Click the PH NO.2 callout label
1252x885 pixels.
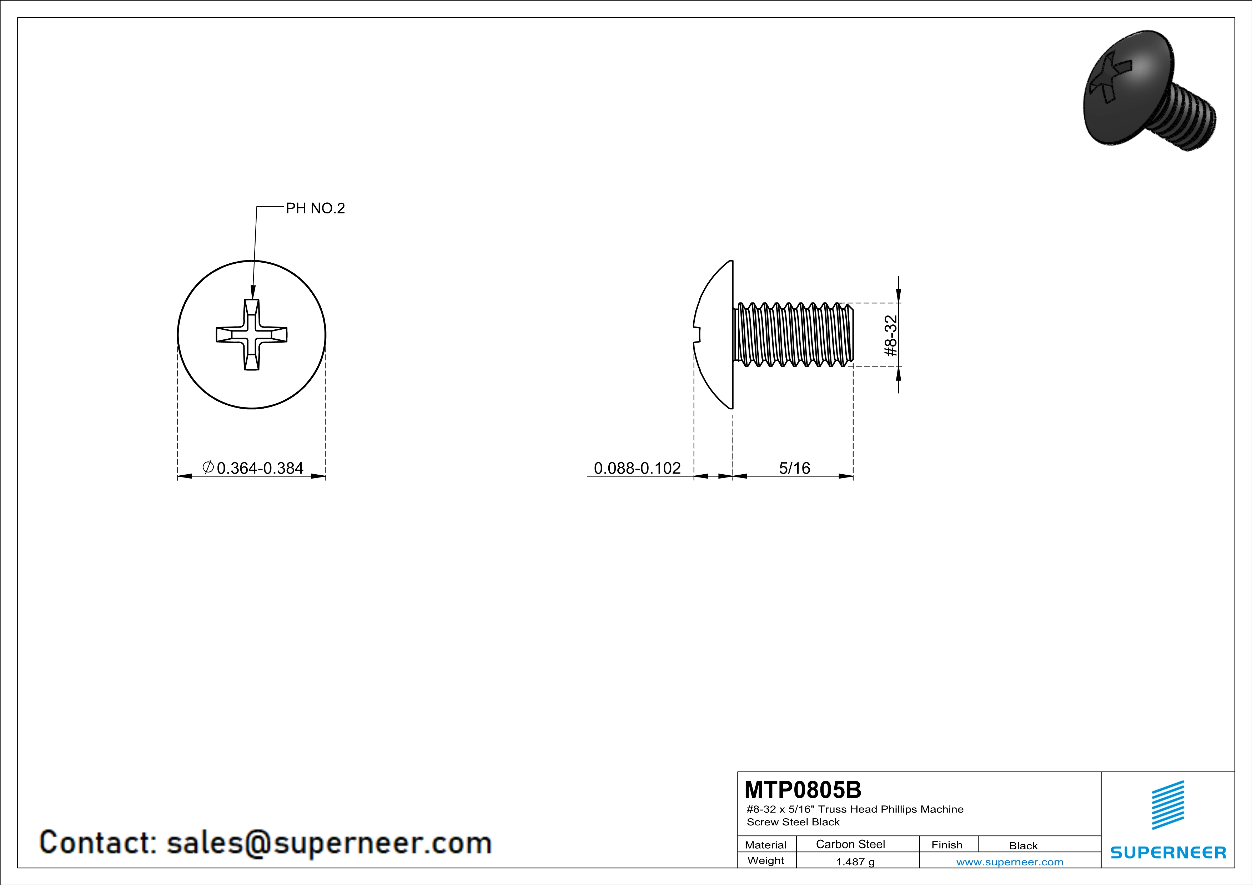(315, 208)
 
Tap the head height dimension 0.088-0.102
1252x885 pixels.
(637, 468)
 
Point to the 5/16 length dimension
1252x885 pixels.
(794, 468)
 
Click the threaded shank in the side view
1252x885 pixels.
(793, 335)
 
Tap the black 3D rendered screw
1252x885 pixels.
(1148, 90)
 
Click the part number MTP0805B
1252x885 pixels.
(803, 790)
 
